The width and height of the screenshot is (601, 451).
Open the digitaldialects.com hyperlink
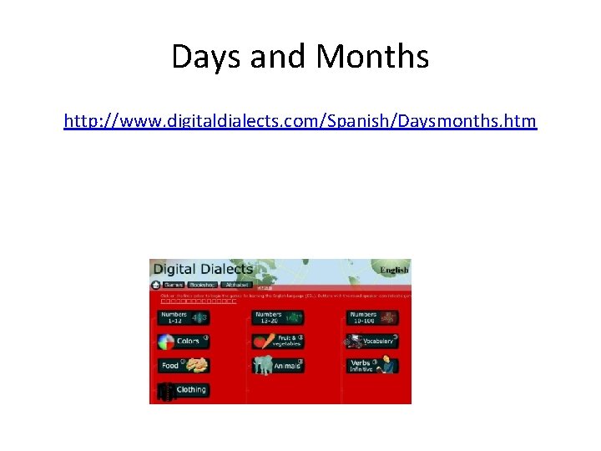(x=300, y=122)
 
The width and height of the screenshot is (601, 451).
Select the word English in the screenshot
(x=394, y=270)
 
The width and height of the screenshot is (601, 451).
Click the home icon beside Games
(x=155, y=284)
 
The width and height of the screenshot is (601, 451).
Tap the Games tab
(x=171, y=284)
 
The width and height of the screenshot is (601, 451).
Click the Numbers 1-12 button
(x=183, y=317)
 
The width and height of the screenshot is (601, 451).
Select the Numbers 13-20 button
(x=278, y=317)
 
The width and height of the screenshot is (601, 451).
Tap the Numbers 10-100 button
(x=371, y=317)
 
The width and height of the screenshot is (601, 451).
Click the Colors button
(x=183, y=342)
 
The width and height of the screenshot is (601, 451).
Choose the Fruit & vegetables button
(x=278, y=341)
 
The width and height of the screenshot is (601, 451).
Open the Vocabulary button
(x=371, y=341)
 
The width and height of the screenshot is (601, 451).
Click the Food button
(x=183, y=365)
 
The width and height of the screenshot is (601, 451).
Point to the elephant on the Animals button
(x=264, y=365)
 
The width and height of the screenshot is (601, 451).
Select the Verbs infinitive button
(x=371, y=365)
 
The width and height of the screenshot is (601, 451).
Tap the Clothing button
(x=183, y=389)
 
